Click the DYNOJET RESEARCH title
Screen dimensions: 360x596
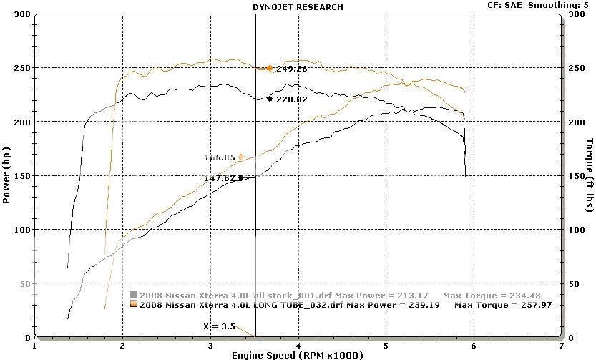[298, 6]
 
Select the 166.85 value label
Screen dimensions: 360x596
[220, 157]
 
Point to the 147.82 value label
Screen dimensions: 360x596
[220, 178]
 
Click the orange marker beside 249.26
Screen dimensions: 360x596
[270, 69]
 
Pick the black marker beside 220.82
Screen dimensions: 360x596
[270, 99]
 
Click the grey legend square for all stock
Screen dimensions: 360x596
[134, 294]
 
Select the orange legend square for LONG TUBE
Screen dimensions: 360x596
[134, 305]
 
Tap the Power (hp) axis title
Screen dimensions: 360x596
[6, 176]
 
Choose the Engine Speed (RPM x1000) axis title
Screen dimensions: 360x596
[297, 355]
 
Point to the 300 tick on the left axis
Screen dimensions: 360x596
[22, 14]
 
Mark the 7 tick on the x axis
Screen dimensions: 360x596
[562, 346]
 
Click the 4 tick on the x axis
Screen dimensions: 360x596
[298, 346]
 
